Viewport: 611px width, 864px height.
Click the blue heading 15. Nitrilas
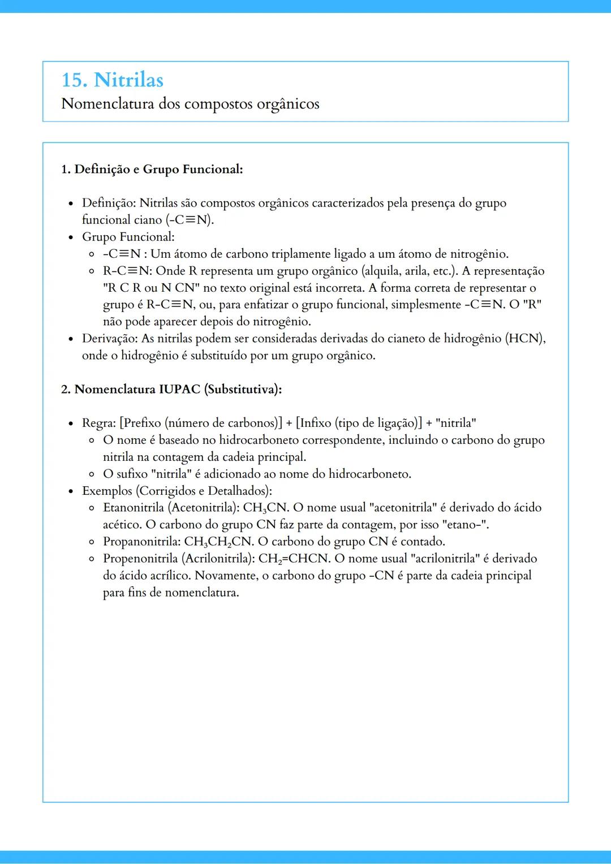pos(112,80)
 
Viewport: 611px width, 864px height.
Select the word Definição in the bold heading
pos(102,169)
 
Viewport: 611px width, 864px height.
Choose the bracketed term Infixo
pos(315,423)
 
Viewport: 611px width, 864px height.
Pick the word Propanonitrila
pos(142,542)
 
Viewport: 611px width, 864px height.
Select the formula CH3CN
pos(266,508)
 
